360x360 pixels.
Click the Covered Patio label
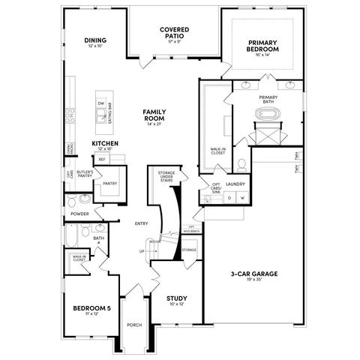click(173, 33)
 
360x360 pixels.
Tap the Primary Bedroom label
click(262, 46)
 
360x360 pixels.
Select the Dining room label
click(94, 42)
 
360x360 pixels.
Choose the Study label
click(177, 299)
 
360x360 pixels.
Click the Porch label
click(134, 325)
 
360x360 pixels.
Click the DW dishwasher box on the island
click(100, 103)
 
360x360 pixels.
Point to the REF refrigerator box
click(101, 159)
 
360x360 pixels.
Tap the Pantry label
click(109, 183)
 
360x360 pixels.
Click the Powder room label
click(80, 214)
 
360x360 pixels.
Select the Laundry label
click(235, 184)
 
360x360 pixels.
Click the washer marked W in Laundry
click(242, 198)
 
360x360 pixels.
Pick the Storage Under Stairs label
click(166, 176)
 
